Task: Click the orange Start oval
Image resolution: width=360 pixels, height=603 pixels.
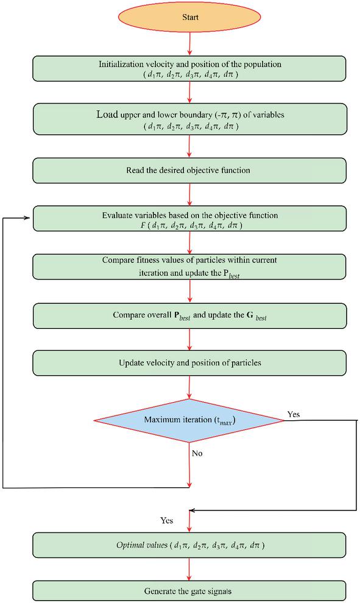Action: pos(190,17)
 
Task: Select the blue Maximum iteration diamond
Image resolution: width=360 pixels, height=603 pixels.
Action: pos(189,420)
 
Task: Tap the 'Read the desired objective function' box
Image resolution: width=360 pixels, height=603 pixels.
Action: pos(189,170)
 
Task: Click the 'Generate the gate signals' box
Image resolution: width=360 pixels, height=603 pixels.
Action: pos(189,591)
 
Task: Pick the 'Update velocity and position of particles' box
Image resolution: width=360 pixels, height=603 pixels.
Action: pos(189,362)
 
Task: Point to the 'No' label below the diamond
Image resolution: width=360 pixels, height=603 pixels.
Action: pos(197,453)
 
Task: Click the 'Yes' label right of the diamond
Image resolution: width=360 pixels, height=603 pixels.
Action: pos(294,414)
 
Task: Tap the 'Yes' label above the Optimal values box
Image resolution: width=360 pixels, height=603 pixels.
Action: pos(166,520)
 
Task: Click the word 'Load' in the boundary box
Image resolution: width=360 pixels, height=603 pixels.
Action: pos(107,115)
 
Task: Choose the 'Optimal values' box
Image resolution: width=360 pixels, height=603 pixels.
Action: pos(189,545)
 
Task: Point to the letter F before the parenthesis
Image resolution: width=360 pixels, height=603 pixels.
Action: pos(143,225)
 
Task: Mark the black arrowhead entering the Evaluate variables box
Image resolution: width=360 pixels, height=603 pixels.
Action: pos(27,218)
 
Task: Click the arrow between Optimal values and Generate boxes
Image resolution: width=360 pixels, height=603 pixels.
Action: pos(189,569)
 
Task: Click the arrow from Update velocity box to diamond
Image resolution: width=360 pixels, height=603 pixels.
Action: pos(189,387)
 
